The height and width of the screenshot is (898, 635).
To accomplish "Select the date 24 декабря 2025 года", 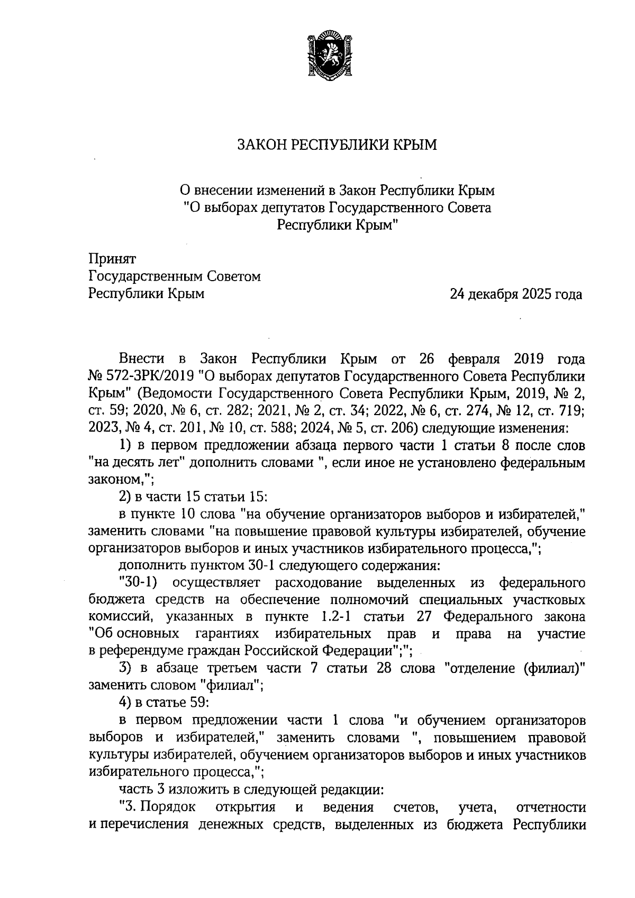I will pos(515,294).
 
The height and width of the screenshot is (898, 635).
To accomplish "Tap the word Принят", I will pos(112,259).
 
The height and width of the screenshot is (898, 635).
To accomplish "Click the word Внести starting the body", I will pos(141,359).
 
